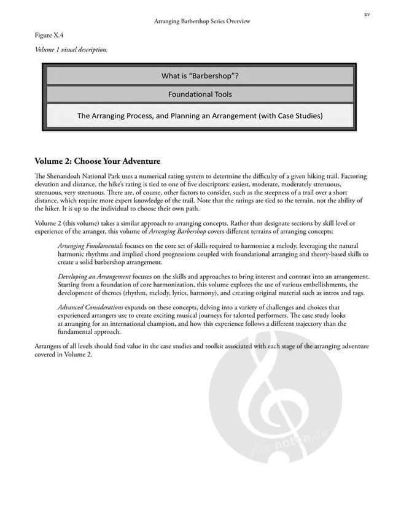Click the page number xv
coord(367,12)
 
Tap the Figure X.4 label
coord(48,36)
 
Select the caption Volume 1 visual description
coord(71,50)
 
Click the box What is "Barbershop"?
coord(200,76)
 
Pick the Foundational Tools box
coord(200,94)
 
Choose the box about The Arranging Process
coord(200,115)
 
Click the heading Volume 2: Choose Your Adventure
coord(98,161)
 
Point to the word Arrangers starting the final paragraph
coord(50,347)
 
